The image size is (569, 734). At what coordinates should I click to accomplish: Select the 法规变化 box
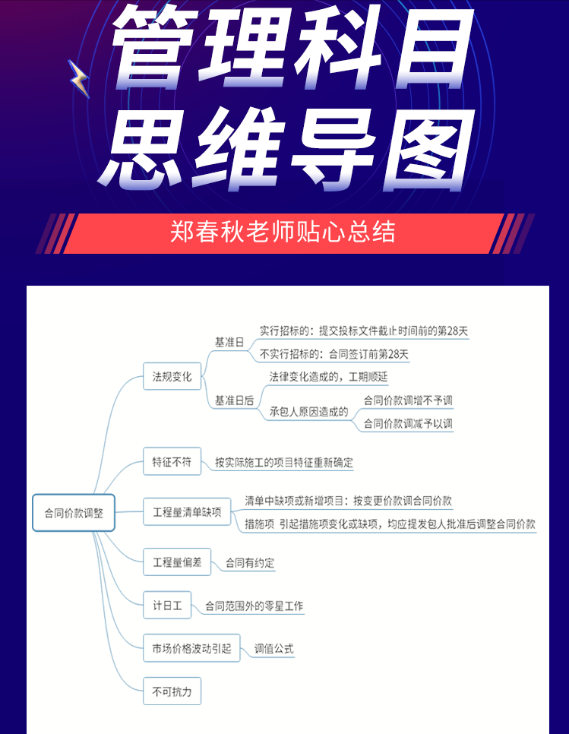pyautogui.click(x=172, y=376)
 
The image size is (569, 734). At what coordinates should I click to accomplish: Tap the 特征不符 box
pyautogui.click(x=172, y=461)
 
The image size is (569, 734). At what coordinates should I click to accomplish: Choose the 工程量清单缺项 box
pyautogui.click(x=187, y=512)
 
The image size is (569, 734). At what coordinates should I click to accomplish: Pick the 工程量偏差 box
pyautogui.click(x=177, y=562)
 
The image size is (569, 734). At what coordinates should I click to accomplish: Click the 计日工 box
pyautogui.click(x=167, y=606)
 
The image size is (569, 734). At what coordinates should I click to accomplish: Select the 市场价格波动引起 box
pyautogui.click(x=191, y=648)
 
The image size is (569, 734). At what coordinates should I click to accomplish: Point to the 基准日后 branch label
pyautogui.click(x=234, y=400)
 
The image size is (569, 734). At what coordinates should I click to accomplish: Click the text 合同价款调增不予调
pyautogui.click(x=408, y=400)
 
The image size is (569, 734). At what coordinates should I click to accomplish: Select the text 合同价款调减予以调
pyautogui.click(x=408, y=423)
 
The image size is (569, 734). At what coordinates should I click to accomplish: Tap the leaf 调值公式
pyautogui.click(x=274, y=649)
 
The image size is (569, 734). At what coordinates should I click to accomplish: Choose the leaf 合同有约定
pyautogui.click(x=250, y=563)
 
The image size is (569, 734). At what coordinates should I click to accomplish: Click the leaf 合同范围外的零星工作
pyautogui.click(x=254, y=606)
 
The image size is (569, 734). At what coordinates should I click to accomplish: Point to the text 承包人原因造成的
pyautogui.click(x=308, y=412)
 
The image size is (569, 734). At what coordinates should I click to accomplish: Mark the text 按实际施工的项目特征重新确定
pyautogui.click(x=284, y=462)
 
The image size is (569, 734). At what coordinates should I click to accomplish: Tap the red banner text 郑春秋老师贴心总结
pyautogui.click(x=283, y=232)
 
